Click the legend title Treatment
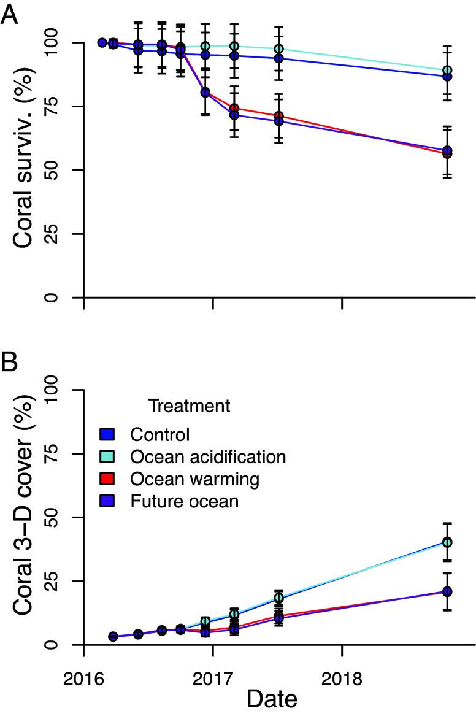click(x=189, y=406)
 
